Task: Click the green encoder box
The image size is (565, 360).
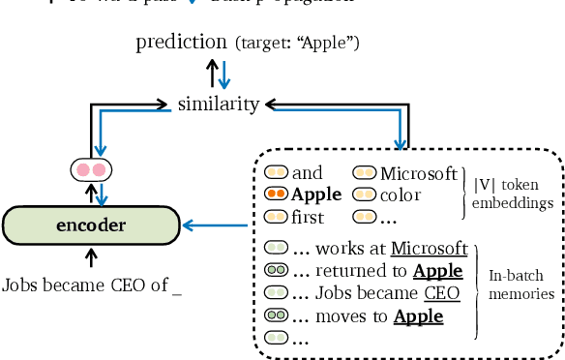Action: pos(91,225)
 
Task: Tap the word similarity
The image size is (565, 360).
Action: pos(219,103)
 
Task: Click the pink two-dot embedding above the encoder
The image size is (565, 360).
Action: pos(91,170)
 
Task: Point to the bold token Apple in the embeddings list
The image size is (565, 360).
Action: pos(316,195)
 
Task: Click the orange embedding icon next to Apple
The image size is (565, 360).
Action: pos(276,195)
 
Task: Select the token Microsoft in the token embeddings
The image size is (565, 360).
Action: pos(418,174)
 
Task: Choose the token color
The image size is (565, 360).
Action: pos(401,195)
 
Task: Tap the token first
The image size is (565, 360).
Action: pos(308,218)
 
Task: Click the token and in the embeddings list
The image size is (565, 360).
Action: pos(307,174)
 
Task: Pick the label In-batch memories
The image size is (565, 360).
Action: pos(520,283)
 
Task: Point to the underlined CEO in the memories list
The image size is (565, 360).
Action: pos(442,293)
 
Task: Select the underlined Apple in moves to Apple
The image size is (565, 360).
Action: pos(418,315)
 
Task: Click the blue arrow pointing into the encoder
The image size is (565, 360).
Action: pos(215,226)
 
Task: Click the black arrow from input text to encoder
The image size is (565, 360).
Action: pos(91,256)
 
